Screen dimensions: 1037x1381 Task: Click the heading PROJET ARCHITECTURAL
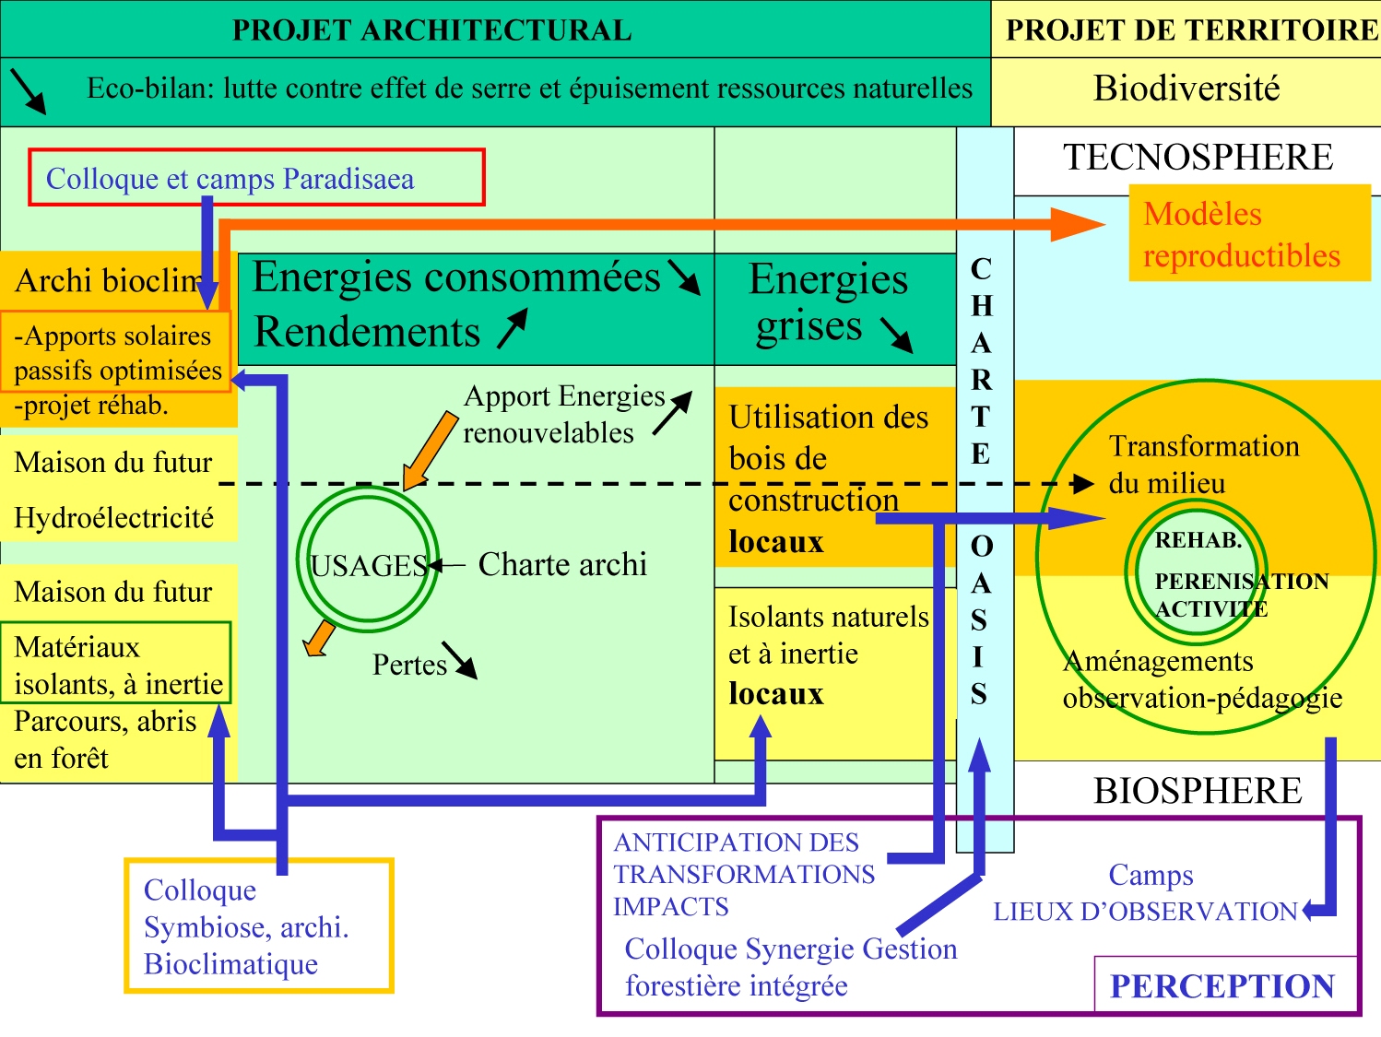[x=431, y=29]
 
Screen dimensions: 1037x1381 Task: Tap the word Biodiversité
[x=1186, y=89]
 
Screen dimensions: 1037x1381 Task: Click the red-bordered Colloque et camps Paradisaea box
[x=256, y=177]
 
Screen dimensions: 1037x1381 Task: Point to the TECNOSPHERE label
[x=1198, y=158]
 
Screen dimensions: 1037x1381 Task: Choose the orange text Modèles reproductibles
[x=1241, y=234]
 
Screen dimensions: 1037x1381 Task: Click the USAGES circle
[x=368, y=564]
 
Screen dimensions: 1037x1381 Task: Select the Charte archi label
[x=562, y=564]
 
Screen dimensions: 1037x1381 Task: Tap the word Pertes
[x=409, y=665]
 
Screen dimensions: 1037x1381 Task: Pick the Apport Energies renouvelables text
[x=563, y=414]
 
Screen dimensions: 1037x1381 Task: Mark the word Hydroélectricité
[x=114, y=518]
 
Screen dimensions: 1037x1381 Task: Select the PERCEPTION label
[x=1222, y=986]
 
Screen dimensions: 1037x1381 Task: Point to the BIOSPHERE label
[x=1198, y=791]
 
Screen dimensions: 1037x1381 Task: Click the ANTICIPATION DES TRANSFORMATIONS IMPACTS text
[x=743, y=874]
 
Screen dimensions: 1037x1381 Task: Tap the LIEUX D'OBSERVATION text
[x=1145, y=912]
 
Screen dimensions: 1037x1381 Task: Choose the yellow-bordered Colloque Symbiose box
[x=258, y=925]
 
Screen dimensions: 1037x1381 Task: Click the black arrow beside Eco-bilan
[x=28, y=90]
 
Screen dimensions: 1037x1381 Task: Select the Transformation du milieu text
[x=1203, y=465]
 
